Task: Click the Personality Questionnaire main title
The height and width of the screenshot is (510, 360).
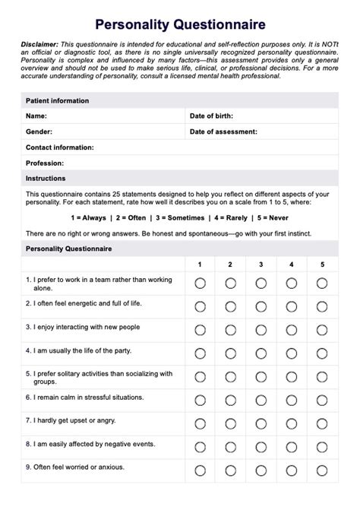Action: [x=180, y=25]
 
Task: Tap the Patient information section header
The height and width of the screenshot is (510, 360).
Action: [x=57, y=100]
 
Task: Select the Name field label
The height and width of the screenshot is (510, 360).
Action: [x=36, y=116]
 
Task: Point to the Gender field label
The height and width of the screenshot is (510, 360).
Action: [x=39, y=131]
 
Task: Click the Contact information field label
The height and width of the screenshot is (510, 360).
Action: [x=60, y=147]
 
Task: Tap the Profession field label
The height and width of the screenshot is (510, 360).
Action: [x=45, y=163]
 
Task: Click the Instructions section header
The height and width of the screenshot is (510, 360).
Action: [x=46, y=178]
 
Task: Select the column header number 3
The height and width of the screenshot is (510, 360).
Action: [x=261, y=265]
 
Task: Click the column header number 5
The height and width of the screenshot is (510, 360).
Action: [x=322, y=265]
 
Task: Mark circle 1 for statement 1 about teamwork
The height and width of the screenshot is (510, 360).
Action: [x=200, y=284]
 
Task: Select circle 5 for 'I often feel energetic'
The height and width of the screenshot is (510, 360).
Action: [x=322, y=307]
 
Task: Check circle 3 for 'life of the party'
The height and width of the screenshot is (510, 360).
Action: [x=261, y=353]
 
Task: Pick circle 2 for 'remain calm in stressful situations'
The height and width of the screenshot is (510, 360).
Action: [x=230, y=400]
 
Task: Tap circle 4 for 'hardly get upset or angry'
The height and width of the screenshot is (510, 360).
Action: [x=292, y=423]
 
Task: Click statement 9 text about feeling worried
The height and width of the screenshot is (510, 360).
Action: [x=75, y=467]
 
